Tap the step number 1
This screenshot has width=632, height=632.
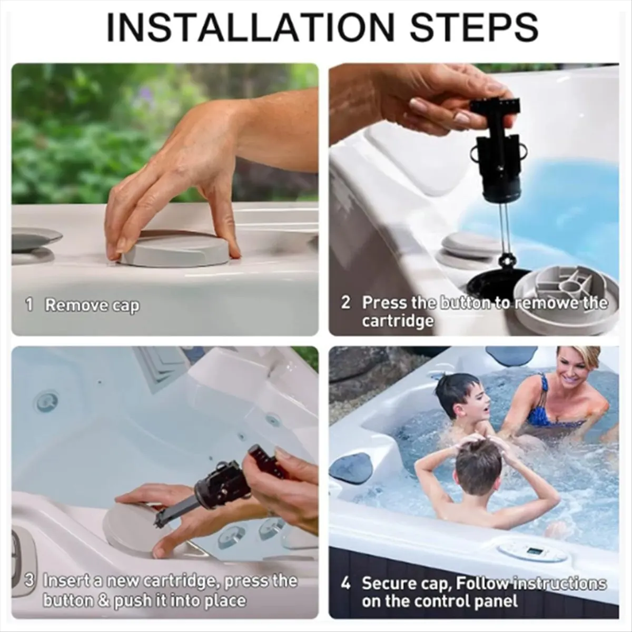(x=29, y=305)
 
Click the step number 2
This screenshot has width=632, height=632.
(x=346, y=303)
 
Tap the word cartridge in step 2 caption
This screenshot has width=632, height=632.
(x=397, y=321)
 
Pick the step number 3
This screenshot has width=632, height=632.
(x=31, y=581)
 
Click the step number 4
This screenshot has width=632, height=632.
(x=345, y=584)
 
